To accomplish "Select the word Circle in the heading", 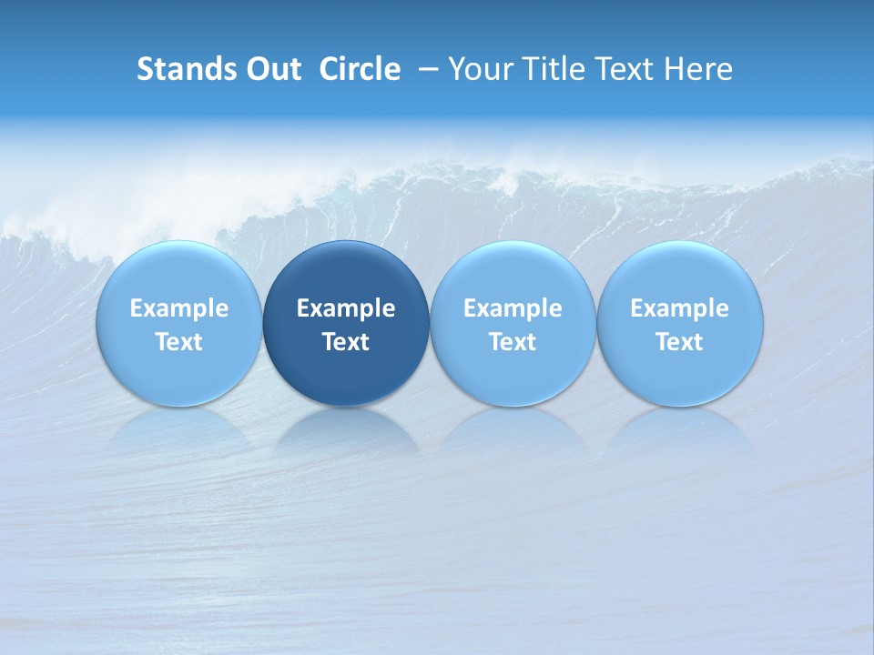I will point(360,69).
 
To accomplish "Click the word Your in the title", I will point(478,69).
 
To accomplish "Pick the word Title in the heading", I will point(548,69).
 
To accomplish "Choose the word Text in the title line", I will point(622,69).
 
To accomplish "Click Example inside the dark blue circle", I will point(346,308).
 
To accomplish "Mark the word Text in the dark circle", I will point(346,342).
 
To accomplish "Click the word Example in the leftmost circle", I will point(178,308).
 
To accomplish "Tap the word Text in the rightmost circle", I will point(680,342).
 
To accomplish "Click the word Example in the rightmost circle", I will point(680,308).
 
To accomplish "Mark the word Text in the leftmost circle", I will point(178,342).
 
